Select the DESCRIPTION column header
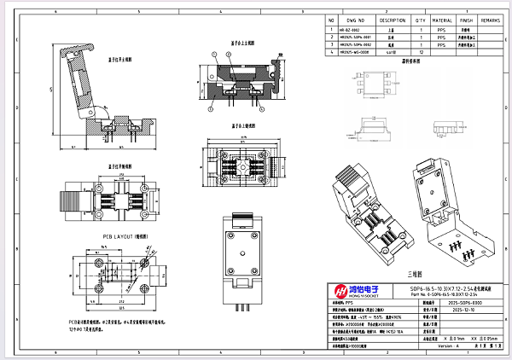(393, 19)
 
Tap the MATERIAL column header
(441, 19)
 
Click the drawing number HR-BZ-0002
(349, 29)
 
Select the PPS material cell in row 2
(441, 37)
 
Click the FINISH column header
(466, 19)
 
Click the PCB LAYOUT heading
(125, 235)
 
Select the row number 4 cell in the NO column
(330, 52)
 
